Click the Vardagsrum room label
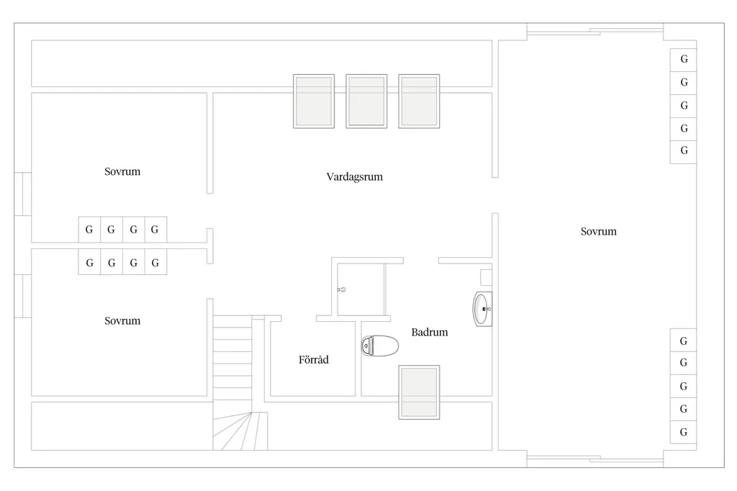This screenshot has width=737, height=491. [x=354, y=177]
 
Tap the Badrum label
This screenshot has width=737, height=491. [x=430, y=332]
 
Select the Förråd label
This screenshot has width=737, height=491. [x=314, y=359]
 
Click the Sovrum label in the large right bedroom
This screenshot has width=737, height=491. [x=598, y=231]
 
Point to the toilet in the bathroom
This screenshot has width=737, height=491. [x=380, y=346]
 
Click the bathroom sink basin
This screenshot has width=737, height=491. [x=482, y=309]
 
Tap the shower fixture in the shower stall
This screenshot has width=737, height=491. [x=342, y=289]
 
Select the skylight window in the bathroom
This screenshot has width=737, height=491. [x=420, y=392]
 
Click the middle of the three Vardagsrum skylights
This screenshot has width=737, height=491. [x=366, y=101]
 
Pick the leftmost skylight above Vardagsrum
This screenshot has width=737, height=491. [x=314, y=101]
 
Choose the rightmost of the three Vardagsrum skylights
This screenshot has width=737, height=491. [x=420, y=101]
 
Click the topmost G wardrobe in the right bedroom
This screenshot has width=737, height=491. [x=684, y=60]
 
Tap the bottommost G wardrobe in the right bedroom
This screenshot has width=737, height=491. [x=684, y=432]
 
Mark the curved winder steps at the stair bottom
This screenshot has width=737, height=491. [x=240, y=431]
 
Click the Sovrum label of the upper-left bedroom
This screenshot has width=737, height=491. [x=122, y=171]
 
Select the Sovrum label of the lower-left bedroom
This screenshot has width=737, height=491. [x=122, y=321]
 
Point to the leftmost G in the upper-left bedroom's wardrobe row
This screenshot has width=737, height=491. [x=89, y=230]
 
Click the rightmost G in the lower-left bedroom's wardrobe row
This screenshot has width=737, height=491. [x=155, y=263]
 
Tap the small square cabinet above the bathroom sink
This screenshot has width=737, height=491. [x=486, y=277]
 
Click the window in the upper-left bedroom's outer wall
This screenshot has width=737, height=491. [x=22, y=194]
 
